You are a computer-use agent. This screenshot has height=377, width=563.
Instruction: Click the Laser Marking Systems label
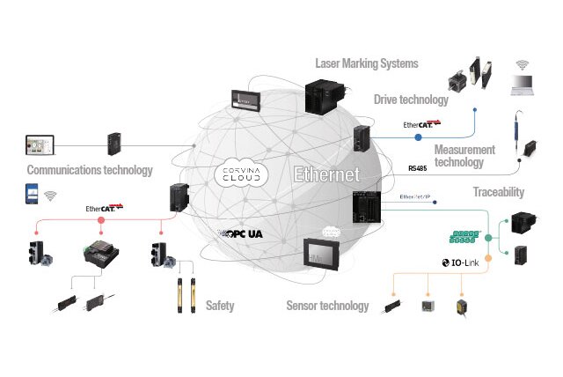(x=367, y=63)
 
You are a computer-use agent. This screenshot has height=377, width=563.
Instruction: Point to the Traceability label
(x=498, y=191)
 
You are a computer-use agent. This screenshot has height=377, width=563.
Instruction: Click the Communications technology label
(x=90, y=170)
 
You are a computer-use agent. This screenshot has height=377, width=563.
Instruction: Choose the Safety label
(x=220, y=306)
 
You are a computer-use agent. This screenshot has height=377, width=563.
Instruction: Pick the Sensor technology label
(x=327, y=306)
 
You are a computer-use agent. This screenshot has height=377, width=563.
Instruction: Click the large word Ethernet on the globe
(x=327, y=174)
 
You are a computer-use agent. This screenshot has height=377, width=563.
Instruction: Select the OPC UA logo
(x=243, y=235)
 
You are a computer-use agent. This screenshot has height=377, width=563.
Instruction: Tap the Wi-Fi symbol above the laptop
(x=523, y=64)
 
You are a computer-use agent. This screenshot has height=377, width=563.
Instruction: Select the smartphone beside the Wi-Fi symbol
(x=32, y=195)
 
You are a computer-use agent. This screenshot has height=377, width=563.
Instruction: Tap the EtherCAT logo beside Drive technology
(x=421, y=125)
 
